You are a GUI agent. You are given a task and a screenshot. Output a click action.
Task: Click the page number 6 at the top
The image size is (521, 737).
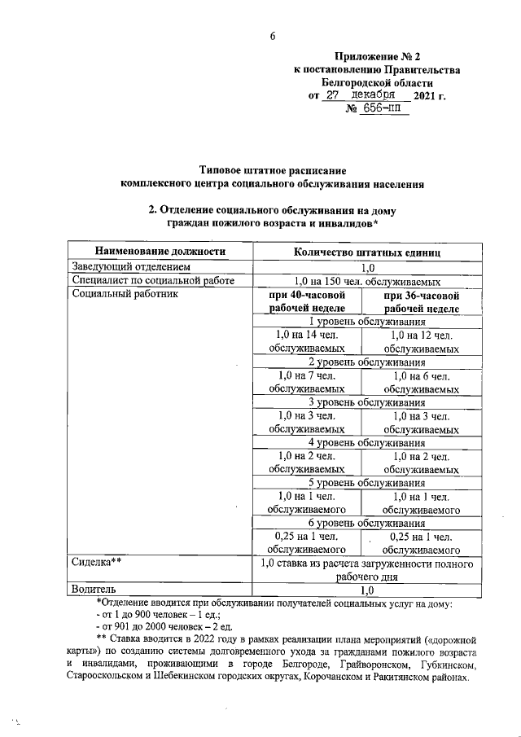273,35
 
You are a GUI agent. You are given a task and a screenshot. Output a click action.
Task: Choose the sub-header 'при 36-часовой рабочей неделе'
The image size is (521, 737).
421,301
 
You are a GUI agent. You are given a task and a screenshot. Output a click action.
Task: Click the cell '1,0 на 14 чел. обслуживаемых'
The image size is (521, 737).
307,341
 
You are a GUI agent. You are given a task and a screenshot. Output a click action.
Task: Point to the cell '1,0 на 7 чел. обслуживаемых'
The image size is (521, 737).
307,382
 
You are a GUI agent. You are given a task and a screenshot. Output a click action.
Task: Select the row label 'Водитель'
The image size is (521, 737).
94,589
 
